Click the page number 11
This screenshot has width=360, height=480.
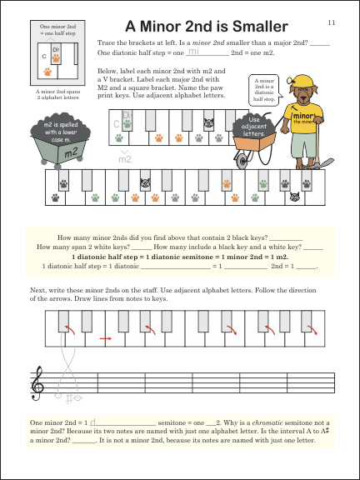coord(331,22)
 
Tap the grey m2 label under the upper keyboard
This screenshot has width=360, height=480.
coord(125,157)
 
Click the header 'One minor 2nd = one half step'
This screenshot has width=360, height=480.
coord(46,29)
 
